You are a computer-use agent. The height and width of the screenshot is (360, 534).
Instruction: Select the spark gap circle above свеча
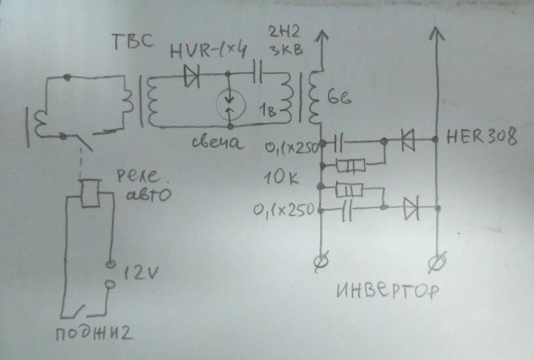(230, 103)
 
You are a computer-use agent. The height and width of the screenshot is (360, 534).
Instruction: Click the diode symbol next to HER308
(410, 139)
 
